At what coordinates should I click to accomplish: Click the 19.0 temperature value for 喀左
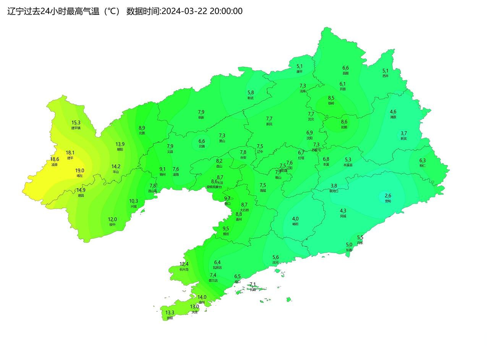(79, 171)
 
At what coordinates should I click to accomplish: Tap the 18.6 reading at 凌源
(55, 159)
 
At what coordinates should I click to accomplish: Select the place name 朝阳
(120, 149)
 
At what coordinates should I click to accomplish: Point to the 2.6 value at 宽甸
(388, 196)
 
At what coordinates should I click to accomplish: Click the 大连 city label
(194, 312)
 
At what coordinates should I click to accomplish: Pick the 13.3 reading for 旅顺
(170, 313)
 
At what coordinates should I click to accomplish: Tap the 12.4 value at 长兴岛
(184, 264)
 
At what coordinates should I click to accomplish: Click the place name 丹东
(360, 243)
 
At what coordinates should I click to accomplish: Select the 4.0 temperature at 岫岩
(295, 219)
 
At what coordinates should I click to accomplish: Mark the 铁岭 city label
(331, 103)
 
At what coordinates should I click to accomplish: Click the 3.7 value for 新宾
(403, 133)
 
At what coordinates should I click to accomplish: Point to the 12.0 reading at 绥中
(112, 219)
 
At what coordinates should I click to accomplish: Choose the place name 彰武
(251, 98)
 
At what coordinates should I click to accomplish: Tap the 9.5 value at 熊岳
(226, 229)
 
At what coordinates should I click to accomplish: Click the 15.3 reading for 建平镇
(76, 123)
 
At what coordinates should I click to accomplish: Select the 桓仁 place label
(422, 166)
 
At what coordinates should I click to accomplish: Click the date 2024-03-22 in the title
(184, 11)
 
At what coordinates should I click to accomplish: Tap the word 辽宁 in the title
(16, 11)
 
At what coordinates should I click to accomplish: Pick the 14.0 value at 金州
(202, 297)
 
